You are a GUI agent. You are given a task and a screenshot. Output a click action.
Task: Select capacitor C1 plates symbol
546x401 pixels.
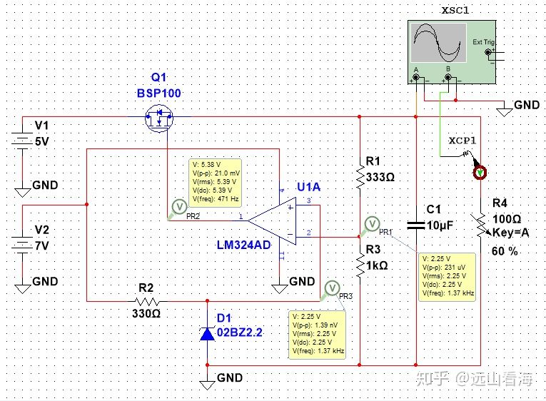416,225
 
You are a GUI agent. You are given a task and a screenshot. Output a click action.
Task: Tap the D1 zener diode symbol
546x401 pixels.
207,333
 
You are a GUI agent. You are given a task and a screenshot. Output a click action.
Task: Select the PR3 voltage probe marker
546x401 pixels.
330,288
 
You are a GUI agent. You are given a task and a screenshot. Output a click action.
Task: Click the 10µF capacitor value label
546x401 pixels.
440,225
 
